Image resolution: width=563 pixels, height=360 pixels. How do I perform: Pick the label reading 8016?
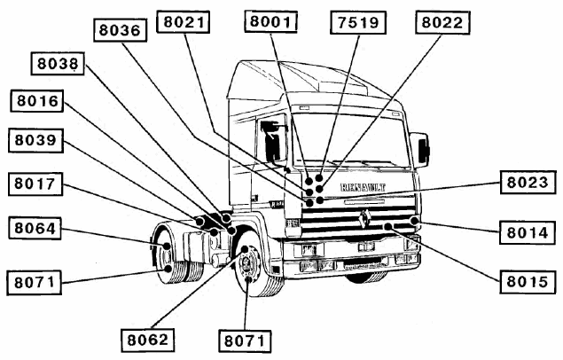tap(36, 101)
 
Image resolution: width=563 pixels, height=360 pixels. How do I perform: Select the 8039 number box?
tap(36, 140)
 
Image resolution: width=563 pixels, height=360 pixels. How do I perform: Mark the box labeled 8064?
tap(36, 229)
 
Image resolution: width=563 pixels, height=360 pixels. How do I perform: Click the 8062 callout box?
tap(147, 338)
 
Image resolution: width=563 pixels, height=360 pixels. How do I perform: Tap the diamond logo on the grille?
tap(365, 218)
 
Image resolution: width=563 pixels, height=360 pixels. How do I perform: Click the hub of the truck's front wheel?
tap(245, 265)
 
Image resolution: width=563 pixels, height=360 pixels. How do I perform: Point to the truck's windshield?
tap(349, 138)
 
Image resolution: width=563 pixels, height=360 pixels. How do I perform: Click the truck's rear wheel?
tap(166, 251)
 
